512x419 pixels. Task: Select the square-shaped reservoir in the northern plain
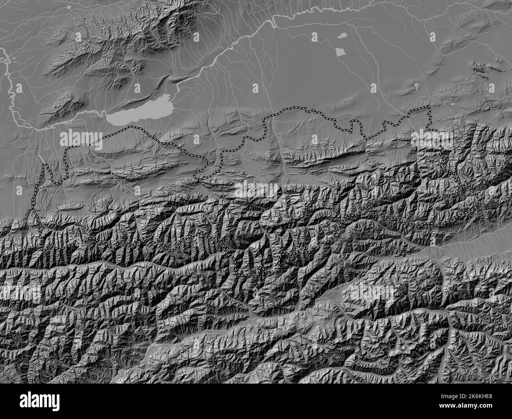340,52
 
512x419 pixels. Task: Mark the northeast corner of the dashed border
429,107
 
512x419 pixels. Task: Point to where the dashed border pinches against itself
202,180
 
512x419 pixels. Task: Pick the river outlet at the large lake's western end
106,115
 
